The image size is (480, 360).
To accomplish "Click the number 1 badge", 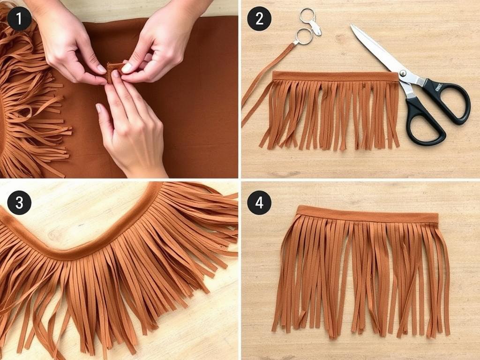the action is [19, 19].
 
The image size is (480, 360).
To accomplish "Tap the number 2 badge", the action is [259, 19].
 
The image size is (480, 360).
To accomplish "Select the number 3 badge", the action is [19, 202].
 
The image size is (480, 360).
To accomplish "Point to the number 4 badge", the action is [259, 202].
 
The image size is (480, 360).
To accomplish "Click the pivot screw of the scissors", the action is [403, 73].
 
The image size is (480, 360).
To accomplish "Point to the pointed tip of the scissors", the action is [352, 26].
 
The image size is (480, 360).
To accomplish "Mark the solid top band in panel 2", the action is [335, 76].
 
